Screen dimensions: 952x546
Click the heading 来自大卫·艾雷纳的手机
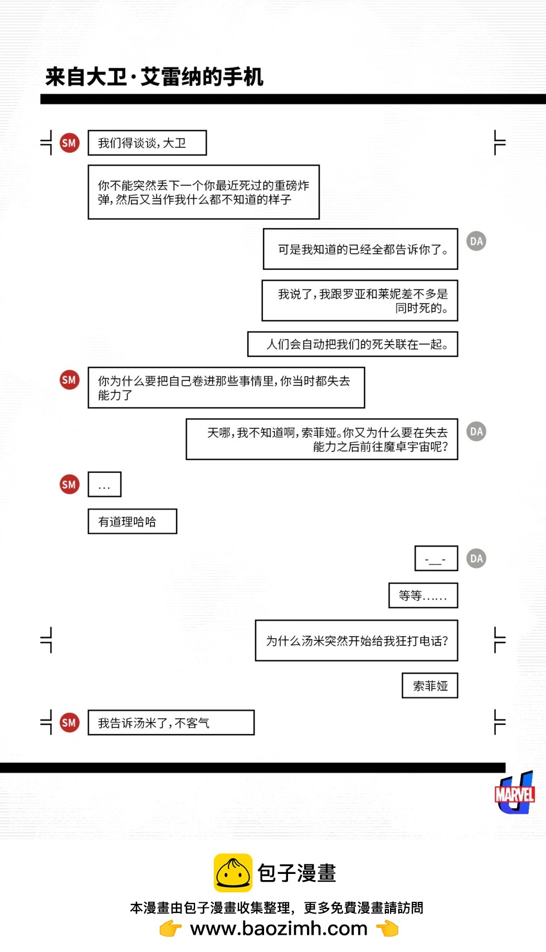click(154, 77)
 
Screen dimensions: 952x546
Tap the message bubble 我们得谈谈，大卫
click(147, 143)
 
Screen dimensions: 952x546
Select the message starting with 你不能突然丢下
click(203, 192)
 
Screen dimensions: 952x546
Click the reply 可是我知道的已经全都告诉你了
click(360, 249)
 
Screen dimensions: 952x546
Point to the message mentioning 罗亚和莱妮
click(360, 301)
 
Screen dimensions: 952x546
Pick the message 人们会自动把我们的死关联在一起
click(353, 344)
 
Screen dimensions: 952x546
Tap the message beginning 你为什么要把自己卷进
click(226, 388)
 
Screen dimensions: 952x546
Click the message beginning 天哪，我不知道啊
click(322, 439)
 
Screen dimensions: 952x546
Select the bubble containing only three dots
click(104, 485)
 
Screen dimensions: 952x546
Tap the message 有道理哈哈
click(132, 521)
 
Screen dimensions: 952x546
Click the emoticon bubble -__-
click(436, 558)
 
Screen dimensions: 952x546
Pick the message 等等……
click(423, 596)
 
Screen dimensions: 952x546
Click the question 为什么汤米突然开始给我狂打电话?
click(357, 641)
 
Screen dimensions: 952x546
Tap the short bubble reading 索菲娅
click(430, 686)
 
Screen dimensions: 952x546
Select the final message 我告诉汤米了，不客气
click(171, 723)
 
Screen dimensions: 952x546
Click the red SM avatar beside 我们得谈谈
click(69, 143)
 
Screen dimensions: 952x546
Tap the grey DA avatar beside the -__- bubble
click(476, 558)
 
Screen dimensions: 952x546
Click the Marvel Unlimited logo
click(515, 793)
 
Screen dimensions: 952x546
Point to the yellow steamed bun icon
click(233, 873)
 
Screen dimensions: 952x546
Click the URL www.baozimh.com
click(279, 929)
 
